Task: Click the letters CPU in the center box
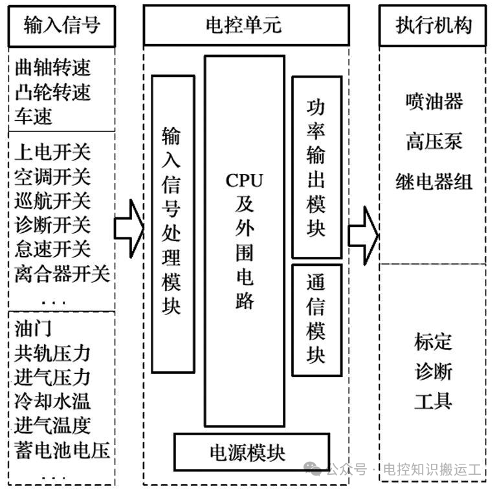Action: tap(244, 180)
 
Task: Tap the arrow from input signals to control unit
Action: tap(129, 228)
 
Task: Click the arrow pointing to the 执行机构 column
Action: tap(363, 235)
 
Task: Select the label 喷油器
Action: tap(434, 102)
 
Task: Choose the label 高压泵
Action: tap(434, 141)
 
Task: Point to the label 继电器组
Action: tap(434, 182)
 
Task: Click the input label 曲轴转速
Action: tap(53, 67)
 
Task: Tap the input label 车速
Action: tap(33, 116)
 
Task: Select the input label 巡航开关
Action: tap(53, 201)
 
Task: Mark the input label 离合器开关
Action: tap(62, 274)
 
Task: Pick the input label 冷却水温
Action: tap(52, 401)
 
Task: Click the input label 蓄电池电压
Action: tap(62, 450)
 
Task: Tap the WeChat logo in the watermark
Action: tap(313, 469)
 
